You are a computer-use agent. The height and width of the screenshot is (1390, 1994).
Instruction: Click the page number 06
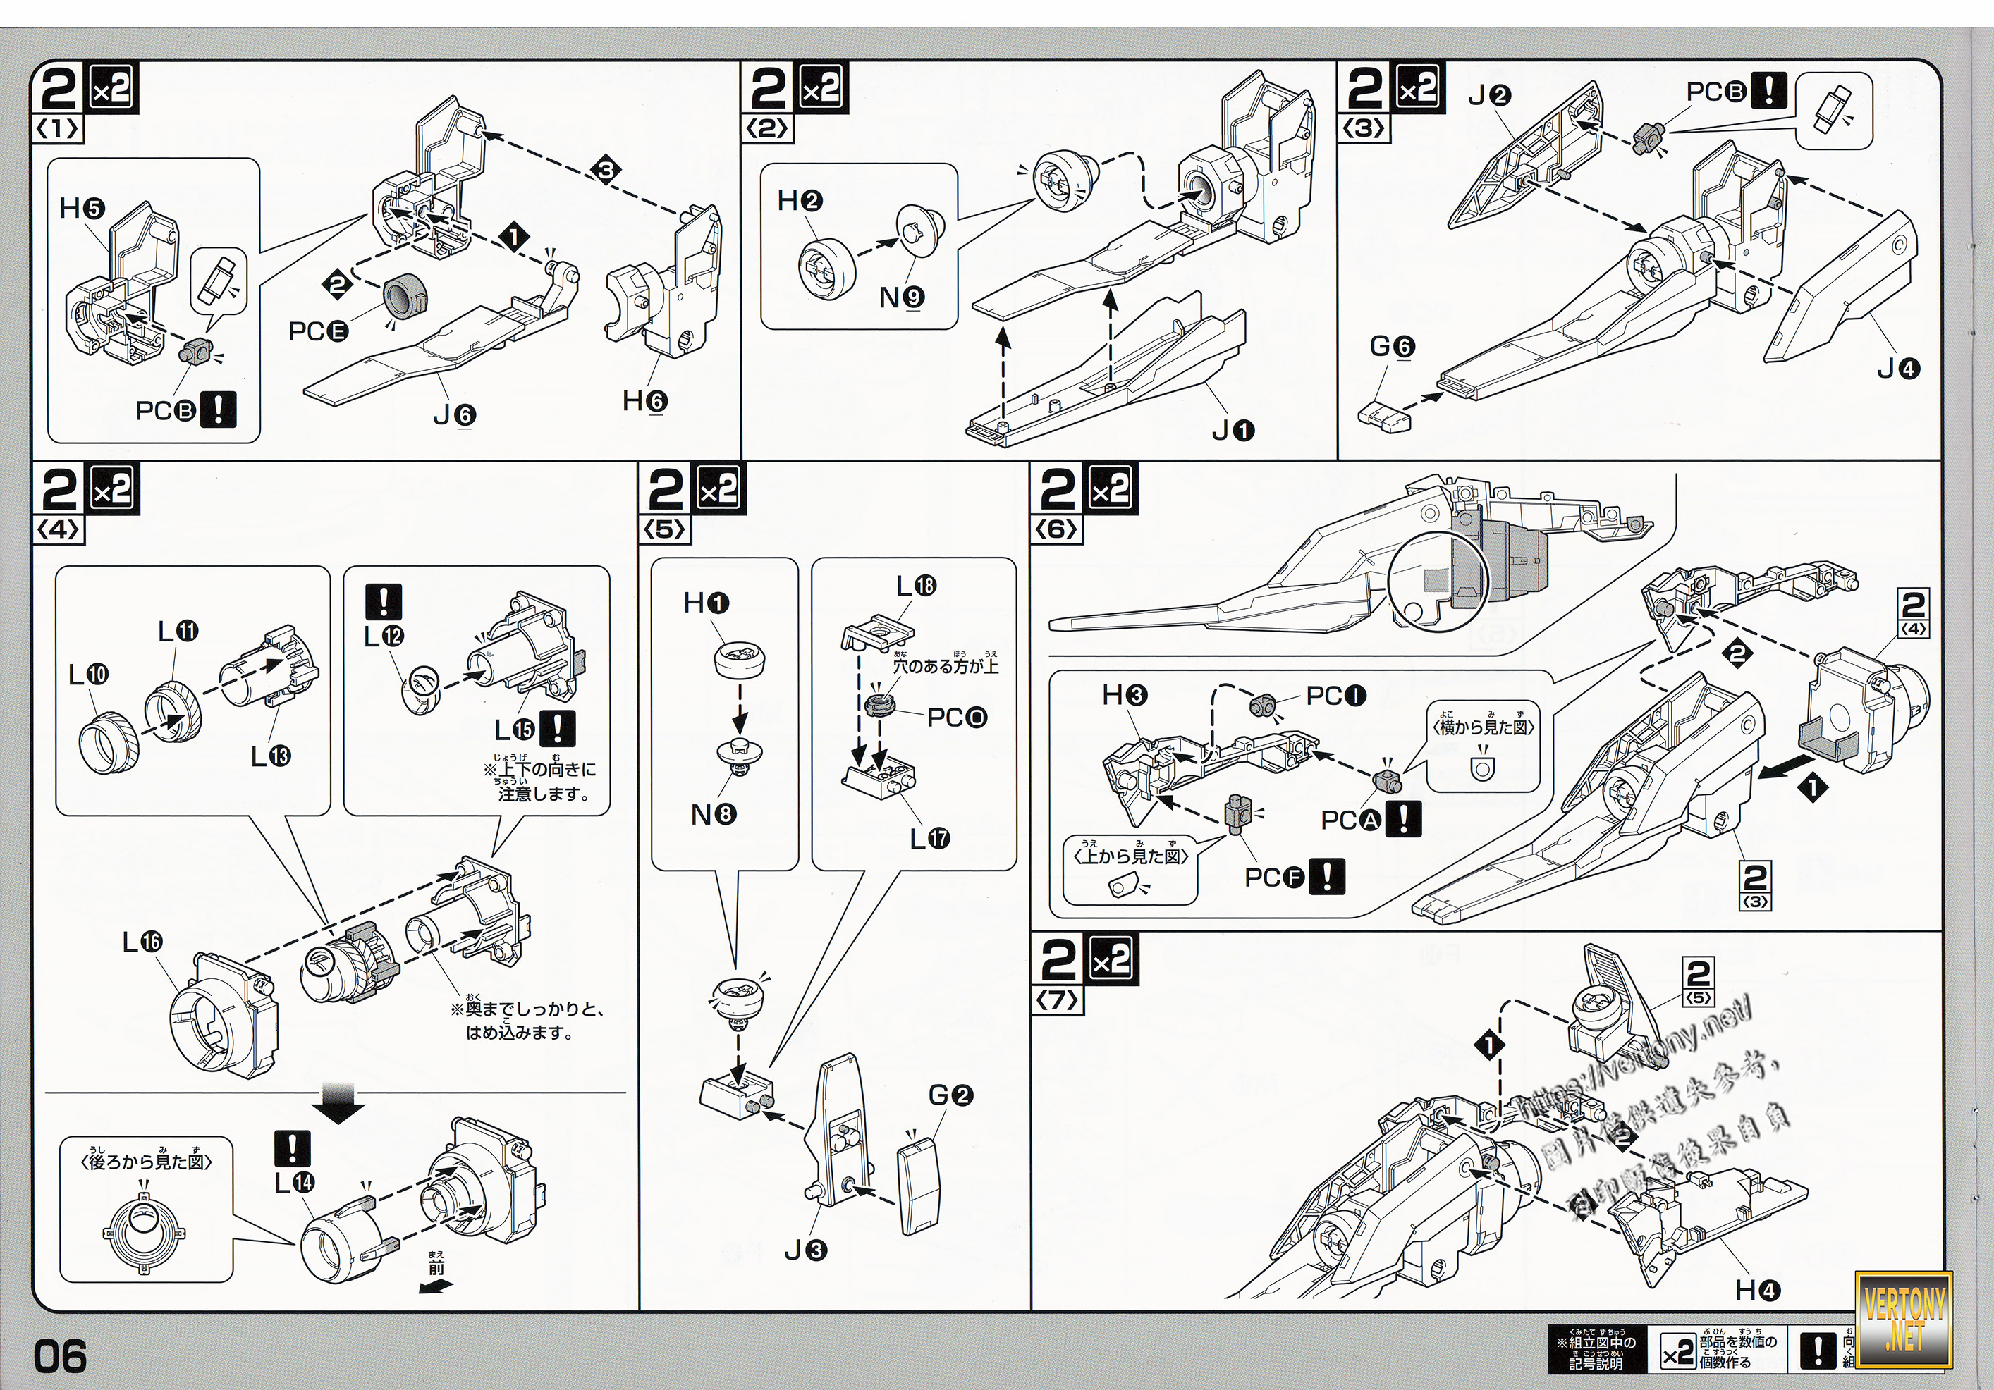[61, 1356]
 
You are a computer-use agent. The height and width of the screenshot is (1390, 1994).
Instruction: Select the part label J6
[454, 417]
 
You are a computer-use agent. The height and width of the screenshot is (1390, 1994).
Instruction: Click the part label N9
[902, 297]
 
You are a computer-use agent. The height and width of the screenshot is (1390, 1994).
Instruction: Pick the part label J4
[1899, 369]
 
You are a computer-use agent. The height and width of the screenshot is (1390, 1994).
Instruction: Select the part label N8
[714, 816]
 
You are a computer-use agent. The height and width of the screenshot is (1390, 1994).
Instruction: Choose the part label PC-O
[957, 718]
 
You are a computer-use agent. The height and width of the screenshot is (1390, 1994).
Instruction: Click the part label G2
[951, 1095]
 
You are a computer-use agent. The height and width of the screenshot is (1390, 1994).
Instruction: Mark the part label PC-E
[318, 332]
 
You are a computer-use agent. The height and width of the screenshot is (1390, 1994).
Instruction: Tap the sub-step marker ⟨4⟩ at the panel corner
[59, 529]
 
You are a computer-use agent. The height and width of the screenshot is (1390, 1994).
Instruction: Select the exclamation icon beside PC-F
[1327, 877]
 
